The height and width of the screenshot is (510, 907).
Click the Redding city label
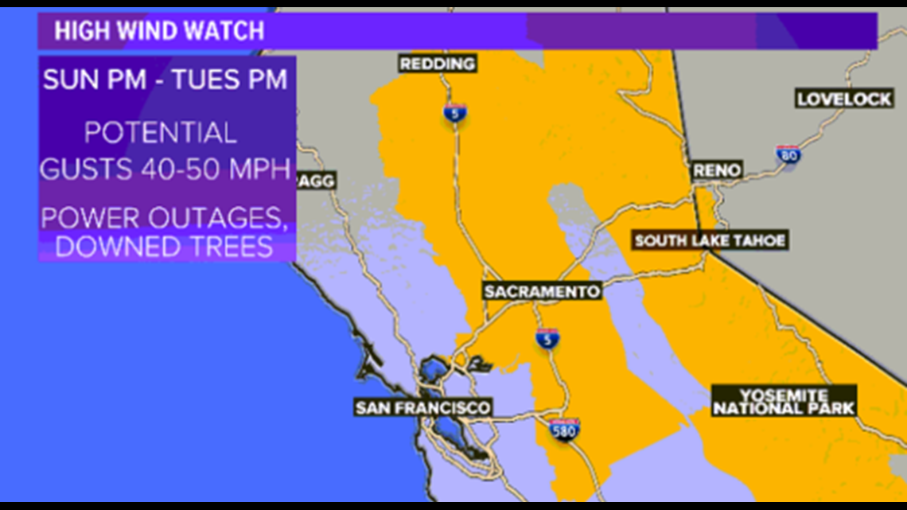tap(437, 64)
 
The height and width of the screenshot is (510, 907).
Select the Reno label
tap(717, 169)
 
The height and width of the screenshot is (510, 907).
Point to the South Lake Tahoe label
tap(710, 240)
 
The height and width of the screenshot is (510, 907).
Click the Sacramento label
tap(542, 292)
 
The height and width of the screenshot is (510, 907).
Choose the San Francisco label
tap(422, 408)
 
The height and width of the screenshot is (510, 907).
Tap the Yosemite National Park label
tap(784, 402)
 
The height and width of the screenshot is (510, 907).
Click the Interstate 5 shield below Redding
tap(455, 112)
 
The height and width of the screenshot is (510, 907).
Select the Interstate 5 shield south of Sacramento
tap(547, 337)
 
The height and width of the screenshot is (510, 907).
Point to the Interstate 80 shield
tap(788, 155)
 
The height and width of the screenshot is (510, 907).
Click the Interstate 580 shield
tap(564, 430)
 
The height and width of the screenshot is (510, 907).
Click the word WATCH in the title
tap(228, 31)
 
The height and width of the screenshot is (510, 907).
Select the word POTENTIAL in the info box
tap(161, 133)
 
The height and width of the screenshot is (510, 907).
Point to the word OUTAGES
tap(224, 217)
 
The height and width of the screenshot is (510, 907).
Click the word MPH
tap(261, 169)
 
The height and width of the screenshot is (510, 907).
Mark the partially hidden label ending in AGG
tap(316, 181)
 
